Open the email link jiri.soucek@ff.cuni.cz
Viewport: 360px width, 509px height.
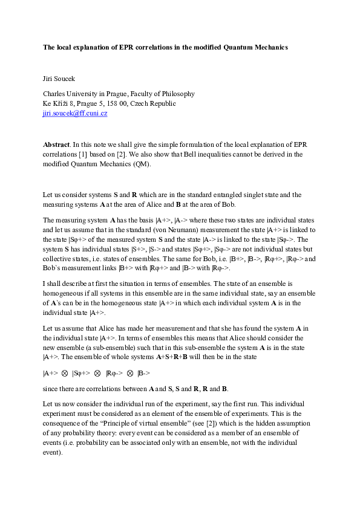(75, 113)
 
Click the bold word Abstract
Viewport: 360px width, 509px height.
(56, 145)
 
